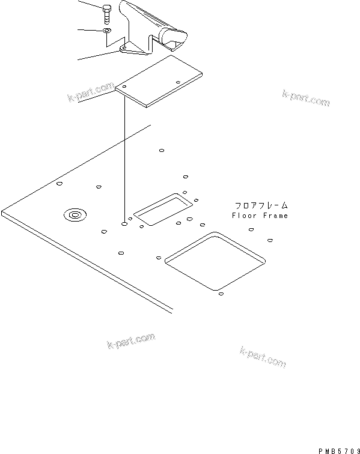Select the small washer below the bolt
pos(106,29)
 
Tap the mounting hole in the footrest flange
pos(123,47)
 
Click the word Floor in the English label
pos(243,215)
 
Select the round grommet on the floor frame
pos(76,214)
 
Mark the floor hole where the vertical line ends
pos(124,223)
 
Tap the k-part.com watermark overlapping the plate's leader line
pos(91,93)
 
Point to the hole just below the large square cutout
pos(221,295)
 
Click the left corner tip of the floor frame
pos(2,213)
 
